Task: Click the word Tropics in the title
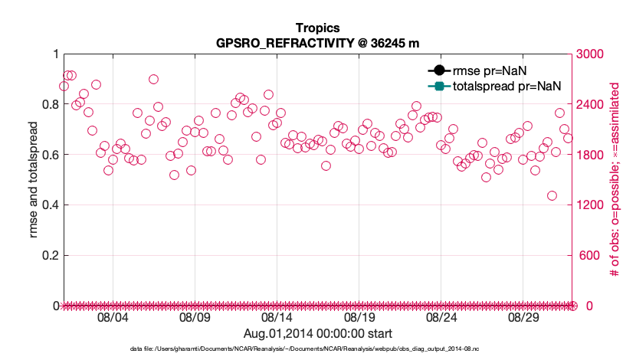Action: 317,28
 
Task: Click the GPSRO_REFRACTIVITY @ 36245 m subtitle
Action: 317,43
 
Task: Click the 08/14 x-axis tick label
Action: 277,316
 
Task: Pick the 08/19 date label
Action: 359,316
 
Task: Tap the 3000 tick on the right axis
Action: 590,54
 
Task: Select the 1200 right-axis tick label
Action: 590,205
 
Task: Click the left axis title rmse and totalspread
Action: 33,180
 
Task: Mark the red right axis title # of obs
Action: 614,180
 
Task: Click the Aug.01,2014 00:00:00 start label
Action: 317,333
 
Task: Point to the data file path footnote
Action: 317,349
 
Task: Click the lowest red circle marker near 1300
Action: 552,195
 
